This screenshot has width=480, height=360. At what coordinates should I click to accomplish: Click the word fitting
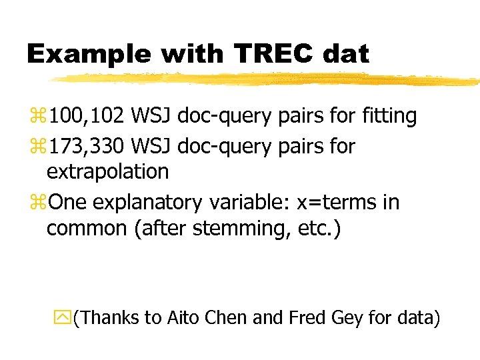tap(389, 116)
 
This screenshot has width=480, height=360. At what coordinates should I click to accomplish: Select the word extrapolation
tap(107, 172)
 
